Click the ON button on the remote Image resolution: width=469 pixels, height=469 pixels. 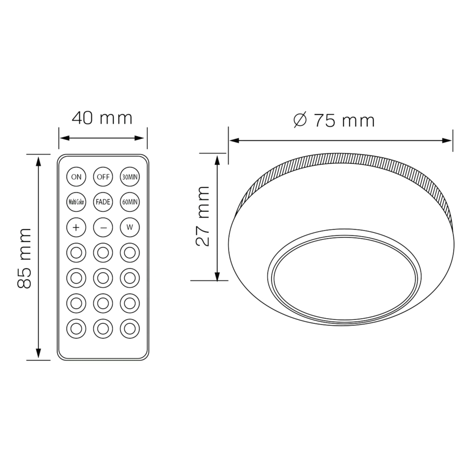coord(76,177)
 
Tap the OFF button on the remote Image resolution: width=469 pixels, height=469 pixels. coord(103,177)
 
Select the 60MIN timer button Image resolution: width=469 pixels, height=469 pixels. coord(130,202)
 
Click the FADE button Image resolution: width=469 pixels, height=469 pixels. coord(103,202)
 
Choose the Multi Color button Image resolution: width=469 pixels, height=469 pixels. coord(76,202)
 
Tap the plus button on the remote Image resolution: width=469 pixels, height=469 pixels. coord(76,227)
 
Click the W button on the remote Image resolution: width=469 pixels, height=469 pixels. coord(130,227)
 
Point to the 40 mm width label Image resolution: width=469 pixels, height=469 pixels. coord(102,118)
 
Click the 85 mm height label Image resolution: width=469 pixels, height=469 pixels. coord(25,258)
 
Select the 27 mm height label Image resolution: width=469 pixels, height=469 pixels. coord(203,216)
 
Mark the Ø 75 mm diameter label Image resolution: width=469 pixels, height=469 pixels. coord(333,120)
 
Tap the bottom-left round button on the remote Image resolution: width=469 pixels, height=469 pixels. coord(76,328)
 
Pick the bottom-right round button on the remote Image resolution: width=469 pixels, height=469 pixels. coord(130,328)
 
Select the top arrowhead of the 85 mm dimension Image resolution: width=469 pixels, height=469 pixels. coord(38,160)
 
